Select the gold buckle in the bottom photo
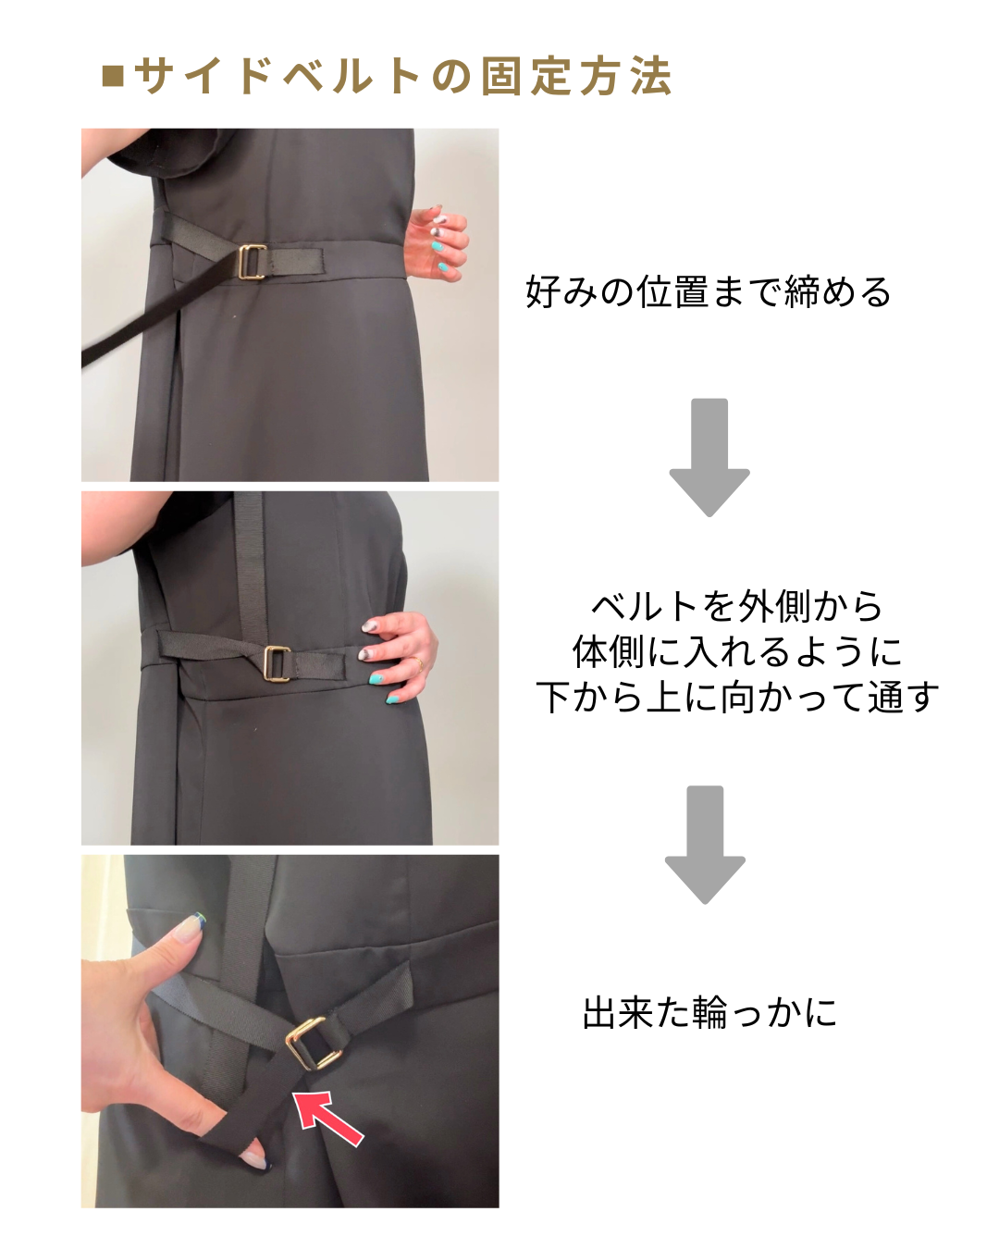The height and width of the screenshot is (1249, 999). pyautogui.click(x=314, y=1043)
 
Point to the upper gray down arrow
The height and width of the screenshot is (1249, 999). pyautogui.click(x=709, y=457)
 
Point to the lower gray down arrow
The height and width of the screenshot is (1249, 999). pyautogui.click(x=705, y=845)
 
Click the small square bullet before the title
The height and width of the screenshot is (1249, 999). pyautogui.click(x=113, y=77)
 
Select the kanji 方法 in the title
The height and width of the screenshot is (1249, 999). pyautogui.click(x=625, y=76)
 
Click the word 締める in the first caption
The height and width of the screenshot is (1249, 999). pyautogui.click(x=836, y=291)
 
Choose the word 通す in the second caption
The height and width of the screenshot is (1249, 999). pyautogui.click(x=903, y=697)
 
